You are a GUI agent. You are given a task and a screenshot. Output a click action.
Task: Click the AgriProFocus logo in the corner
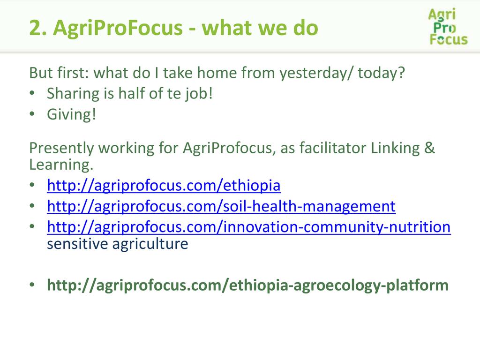point(448,27)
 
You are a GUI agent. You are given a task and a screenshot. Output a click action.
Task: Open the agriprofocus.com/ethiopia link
point(164,186)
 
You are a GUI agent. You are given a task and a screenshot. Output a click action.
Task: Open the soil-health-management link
point(221,206)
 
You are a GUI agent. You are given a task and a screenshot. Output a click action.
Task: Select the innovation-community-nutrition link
point(248,227)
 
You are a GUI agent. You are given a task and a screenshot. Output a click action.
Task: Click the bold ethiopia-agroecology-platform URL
point(247,285)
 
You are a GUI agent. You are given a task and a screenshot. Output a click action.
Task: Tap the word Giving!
point(71,115)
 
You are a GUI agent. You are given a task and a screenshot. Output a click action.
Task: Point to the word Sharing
point(73,94)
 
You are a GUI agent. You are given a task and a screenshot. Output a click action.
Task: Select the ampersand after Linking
point(429,148)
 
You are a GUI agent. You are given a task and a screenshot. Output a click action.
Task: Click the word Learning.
point(61,165)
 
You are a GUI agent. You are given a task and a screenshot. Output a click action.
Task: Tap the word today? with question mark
point(382,73)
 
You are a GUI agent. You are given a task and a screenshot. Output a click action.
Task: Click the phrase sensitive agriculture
point(118,244)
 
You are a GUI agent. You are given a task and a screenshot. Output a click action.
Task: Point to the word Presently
point(61,148)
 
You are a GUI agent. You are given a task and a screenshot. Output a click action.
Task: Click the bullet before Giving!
point(32,114)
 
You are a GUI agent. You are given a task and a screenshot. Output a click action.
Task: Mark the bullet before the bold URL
point(32,285)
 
